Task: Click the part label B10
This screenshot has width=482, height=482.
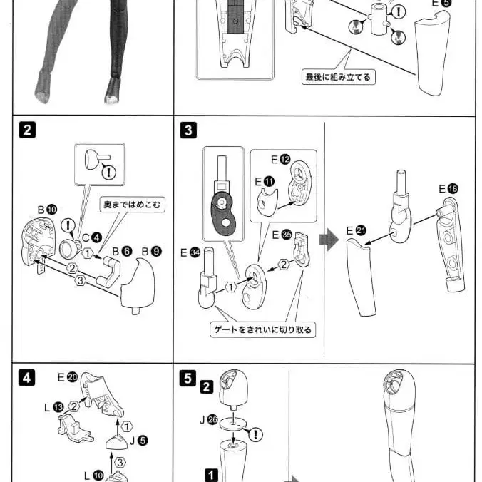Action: [x=46, y=210]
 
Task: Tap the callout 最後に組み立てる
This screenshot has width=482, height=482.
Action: [x=338, y=77]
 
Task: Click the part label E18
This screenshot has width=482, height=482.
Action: [x=448, y=188]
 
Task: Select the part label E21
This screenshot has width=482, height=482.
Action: [x=356, y=230]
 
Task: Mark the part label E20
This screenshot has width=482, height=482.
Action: [x=67, y=377]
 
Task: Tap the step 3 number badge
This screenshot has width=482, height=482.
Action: [x=188, y=130]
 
